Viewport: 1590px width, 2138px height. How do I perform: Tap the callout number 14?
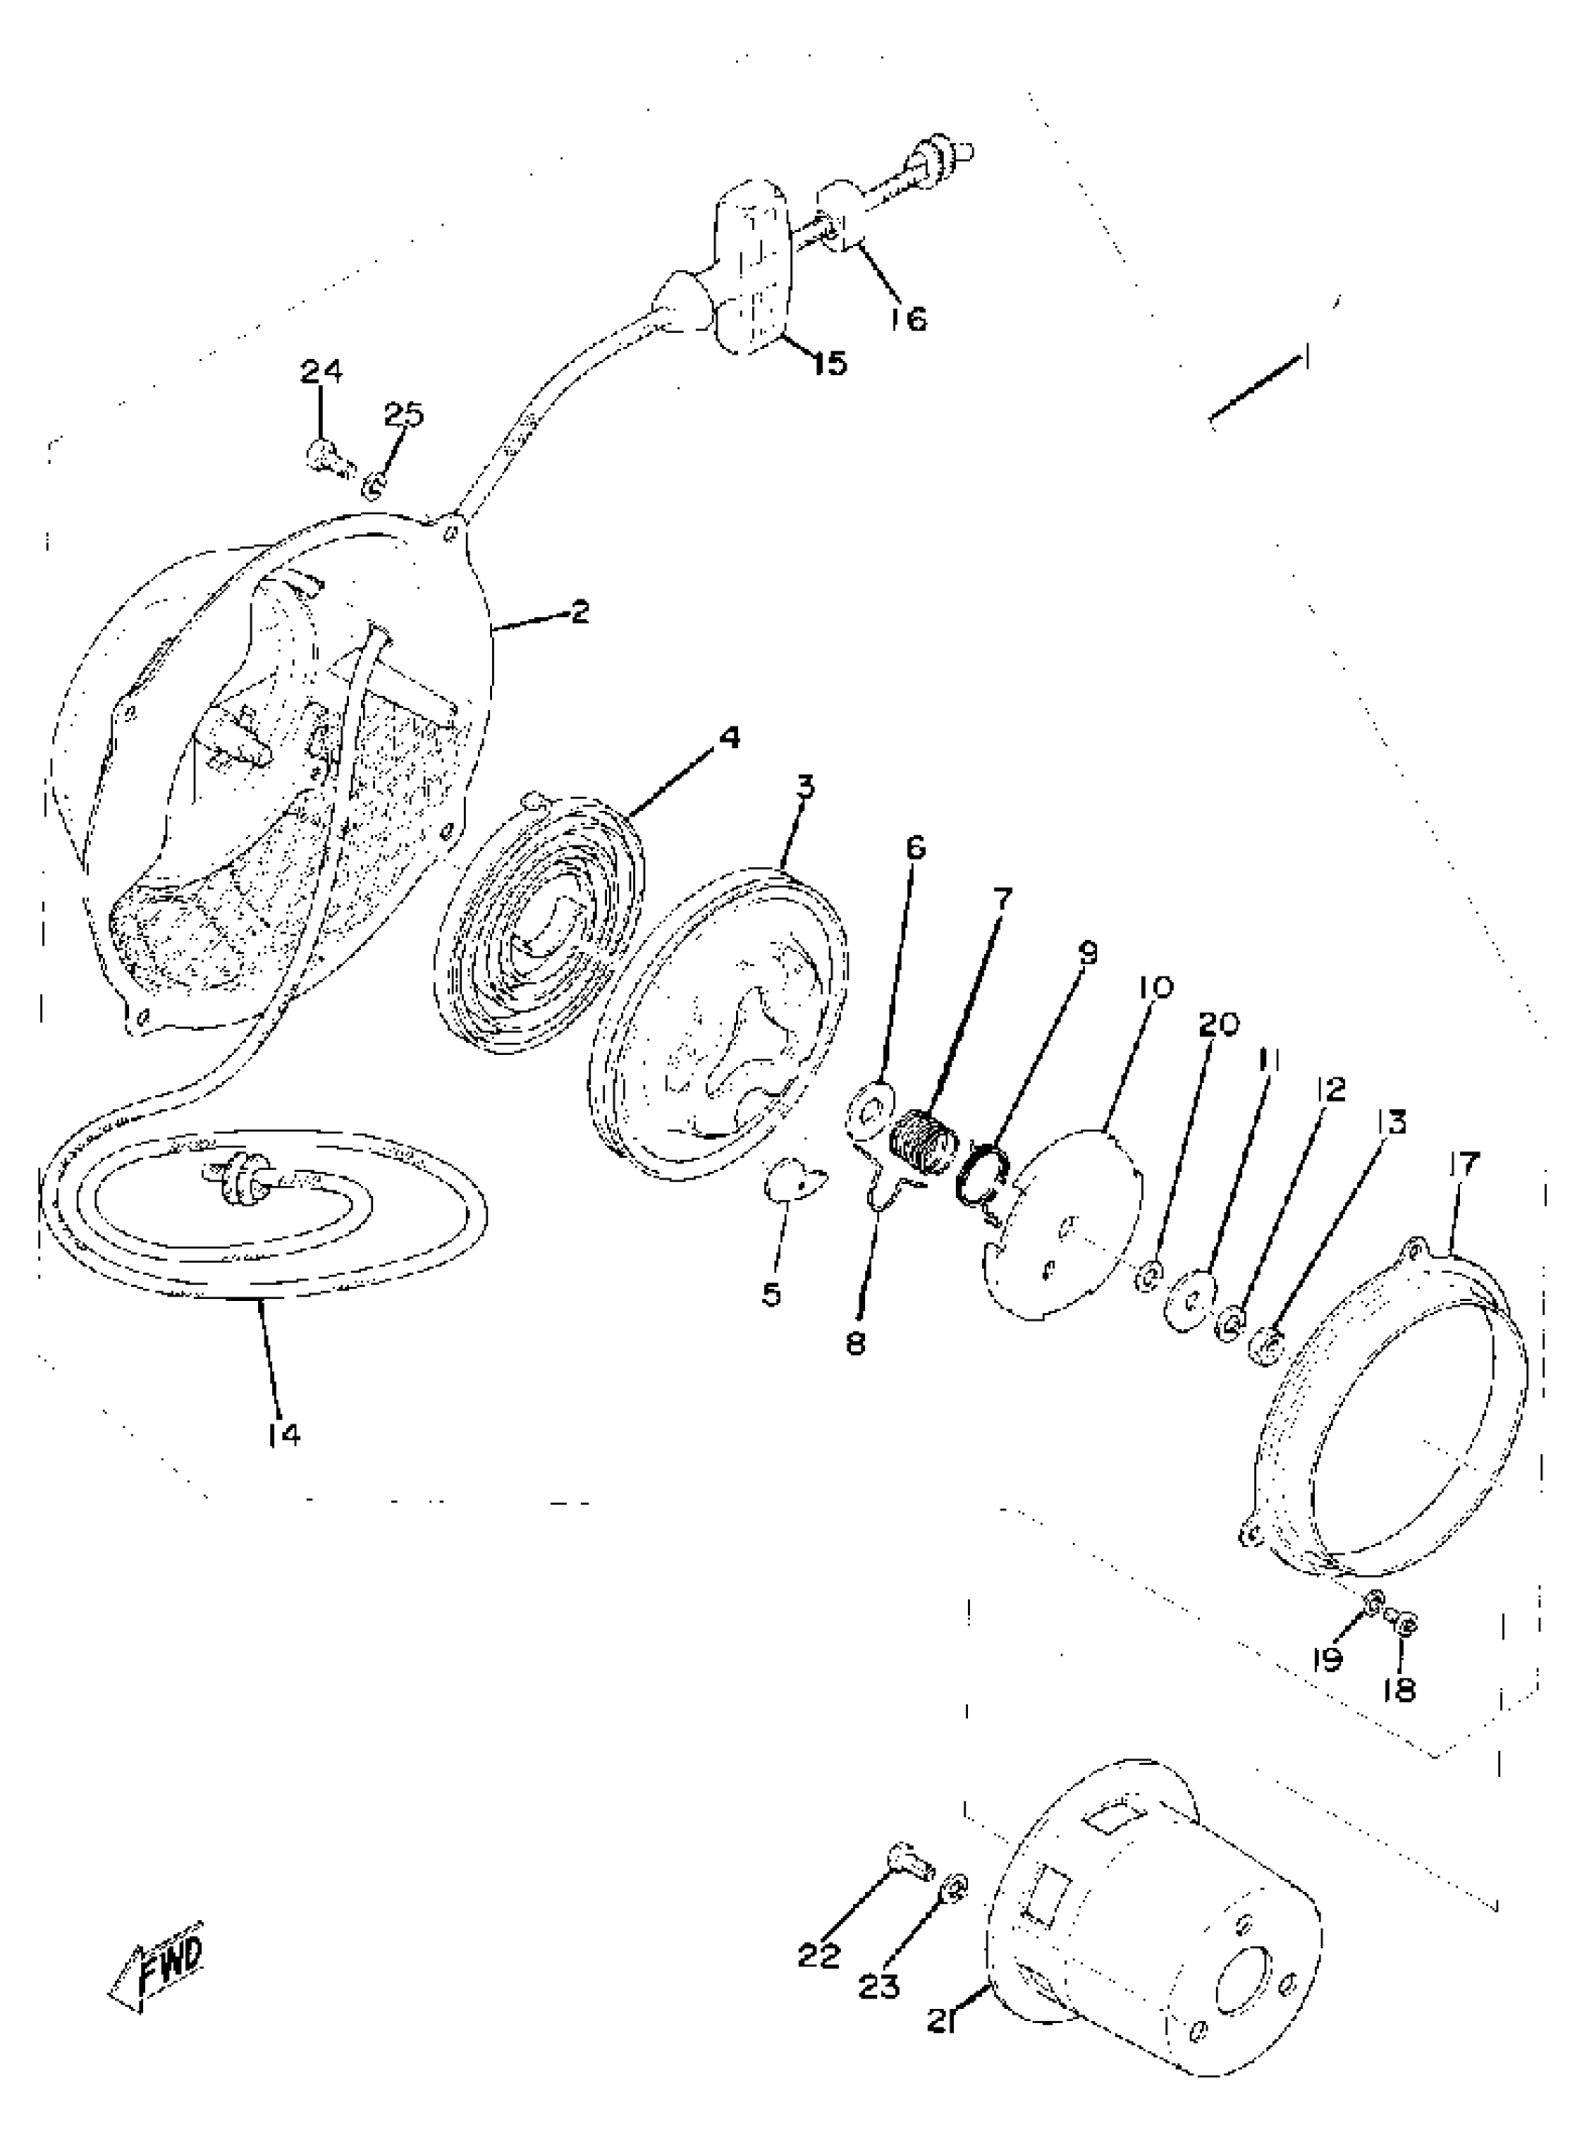[285, 1461]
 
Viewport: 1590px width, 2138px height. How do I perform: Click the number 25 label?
[403, 414]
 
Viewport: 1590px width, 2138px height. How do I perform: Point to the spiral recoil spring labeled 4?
[539, 924]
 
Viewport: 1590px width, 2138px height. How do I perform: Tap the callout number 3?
[804, 787]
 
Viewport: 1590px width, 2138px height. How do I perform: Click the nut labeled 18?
[1404, 1625]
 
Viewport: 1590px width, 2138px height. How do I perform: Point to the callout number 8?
[856, 1341]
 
